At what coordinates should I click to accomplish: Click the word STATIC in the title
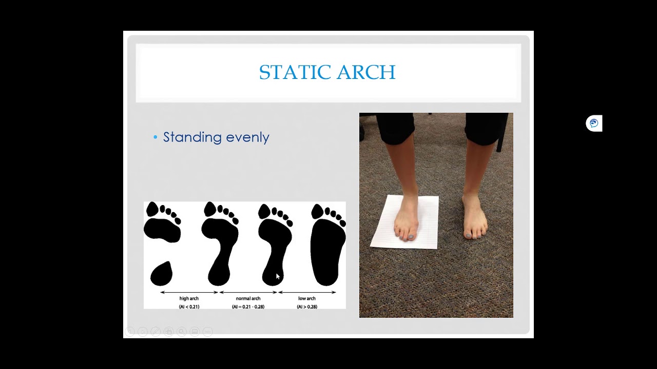pyautogui.click(x=290, y=73)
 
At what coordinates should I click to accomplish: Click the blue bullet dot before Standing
pyautogui.click(x=156, y=137)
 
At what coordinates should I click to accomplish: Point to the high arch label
pyautogui.click(x=189, y=298)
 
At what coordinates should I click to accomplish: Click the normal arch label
pyautogui.click(x=248, y=298)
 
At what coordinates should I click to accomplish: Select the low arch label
pyautogui.click(x=307, y=298)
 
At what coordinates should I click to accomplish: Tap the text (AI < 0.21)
pyautogui.click(x=189, y=306)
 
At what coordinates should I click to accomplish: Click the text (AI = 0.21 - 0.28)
pyautogui.click(x=248, y=306)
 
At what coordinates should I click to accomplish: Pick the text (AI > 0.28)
pyautogui.click(x=307, y=306)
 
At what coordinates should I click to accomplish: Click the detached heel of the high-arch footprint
pyautogui.click(x=161, y=274)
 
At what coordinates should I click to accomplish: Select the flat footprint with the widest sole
pyautogui.click(x=326, y=251)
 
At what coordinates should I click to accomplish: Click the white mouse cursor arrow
pyautogui.click(x=278, y=276)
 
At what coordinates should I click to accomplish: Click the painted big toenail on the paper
pyautogui.click(x=411, y=237)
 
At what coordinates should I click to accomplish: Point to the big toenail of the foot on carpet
pyautogui.click(x=469, y=235)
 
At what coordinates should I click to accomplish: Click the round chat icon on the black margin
pyautogui.click(x=594, y=124)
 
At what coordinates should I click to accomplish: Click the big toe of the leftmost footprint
pyautogui.click(x=152, y=209)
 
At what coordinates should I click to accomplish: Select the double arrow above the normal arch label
pyautogui.click(x=248, y=292)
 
